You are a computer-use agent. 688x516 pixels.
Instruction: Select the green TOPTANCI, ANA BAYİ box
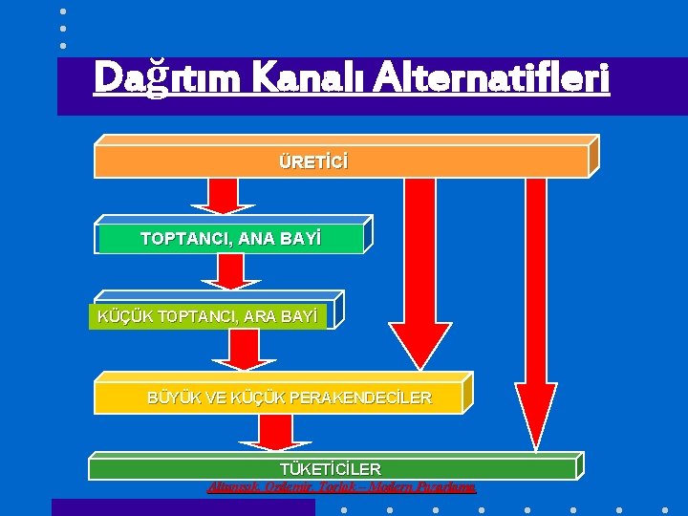click(x=230, y=238)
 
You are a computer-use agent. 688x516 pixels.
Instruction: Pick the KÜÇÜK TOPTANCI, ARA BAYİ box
click(x=207, y=314)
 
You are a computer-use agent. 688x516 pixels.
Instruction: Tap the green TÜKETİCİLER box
click(x=331, y=468)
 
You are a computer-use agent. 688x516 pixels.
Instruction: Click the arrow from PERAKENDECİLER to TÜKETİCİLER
click(x=276, y=432)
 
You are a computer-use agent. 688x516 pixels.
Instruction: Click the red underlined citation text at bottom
click(x=341, y=487)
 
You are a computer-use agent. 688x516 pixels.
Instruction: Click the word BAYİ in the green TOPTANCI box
click(x=300, y=238)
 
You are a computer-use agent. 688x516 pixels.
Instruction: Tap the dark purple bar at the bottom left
click(x=183, y=507)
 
